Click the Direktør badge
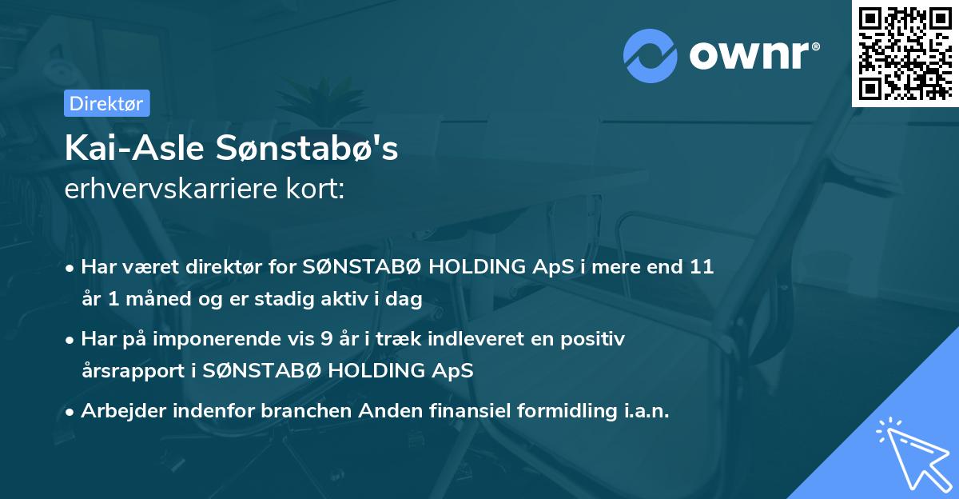[106, 103]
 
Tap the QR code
[905, 53]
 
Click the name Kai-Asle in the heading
[125, 148]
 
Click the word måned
[148, 299]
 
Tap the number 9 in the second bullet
[326, 339]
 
